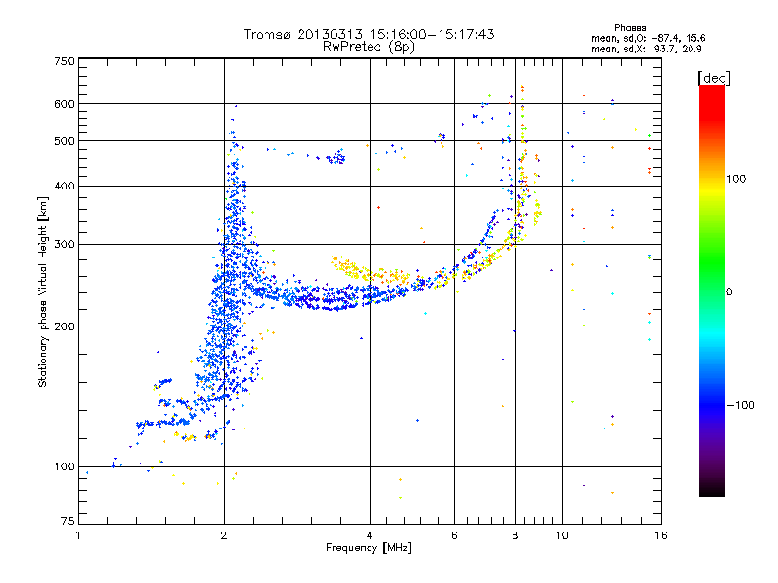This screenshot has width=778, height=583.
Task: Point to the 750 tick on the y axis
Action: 64,61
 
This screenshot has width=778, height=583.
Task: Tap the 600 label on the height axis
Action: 64,103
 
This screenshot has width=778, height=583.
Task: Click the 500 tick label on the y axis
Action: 64,140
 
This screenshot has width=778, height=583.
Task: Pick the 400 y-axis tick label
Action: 64,186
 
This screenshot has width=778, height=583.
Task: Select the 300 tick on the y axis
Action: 64,244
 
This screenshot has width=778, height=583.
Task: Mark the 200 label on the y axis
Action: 64,326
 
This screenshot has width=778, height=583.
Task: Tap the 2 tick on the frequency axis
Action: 224,535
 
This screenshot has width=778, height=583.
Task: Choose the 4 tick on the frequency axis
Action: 370,535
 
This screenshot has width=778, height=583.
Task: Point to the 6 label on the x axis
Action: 455,535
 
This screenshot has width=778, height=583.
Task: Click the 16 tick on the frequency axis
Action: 660,535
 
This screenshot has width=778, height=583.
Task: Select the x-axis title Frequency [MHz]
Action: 369,549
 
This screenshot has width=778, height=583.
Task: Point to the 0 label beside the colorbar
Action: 732,291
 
